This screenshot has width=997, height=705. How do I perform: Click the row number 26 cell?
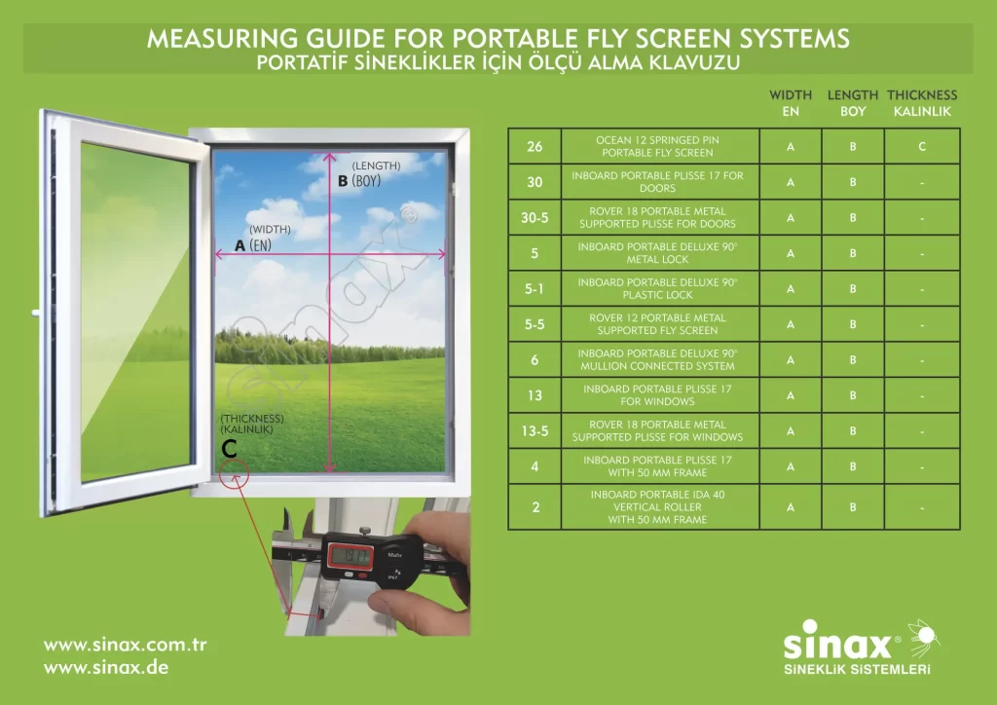[535, 146]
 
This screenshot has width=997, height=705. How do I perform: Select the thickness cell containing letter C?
[922, 146]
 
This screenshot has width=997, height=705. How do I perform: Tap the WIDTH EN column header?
[791, 103]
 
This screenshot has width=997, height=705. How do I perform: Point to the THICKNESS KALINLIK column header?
[922, 103]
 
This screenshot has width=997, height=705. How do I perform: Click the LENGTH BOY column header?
[853, 103]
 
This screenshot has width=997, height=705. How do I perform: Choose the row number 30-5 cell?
[535, 217]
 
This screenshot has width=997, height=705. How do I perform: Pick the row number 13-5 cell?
[535, 431]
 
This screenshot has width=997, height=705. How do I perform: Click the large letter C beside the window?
[229, 449]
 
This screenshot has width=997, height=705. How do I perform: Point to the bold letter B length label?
[343, 181]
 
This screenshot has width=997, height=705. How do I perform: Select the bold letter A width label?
[240, 245]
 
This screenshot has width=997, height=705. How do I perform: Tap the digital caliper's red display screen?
[351, 557]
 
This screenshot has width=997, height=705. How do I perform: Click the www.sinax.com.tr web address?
[126, 645]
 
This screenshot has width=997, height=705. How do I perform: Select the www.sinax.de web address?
[106, 667]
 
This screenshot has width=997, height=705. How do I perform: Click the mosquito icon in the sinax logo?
[923, 637]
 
